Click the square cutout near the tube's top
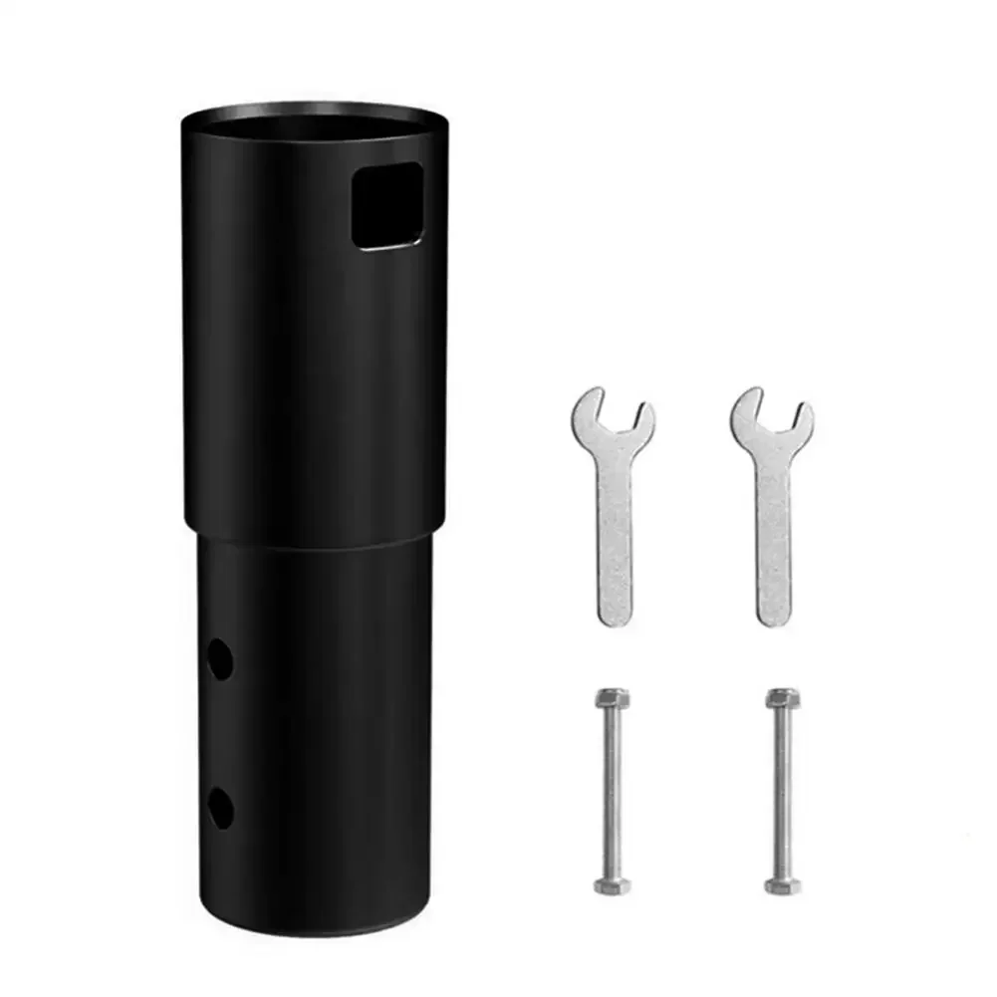point(388,206)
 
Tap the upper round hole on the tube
point(220,659)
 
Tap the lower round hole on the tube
point(220,807)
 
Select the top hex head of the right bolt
point(783,698)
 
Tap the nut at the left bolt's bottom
point(611,883)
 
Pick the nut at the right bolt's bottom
point(783,883)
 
